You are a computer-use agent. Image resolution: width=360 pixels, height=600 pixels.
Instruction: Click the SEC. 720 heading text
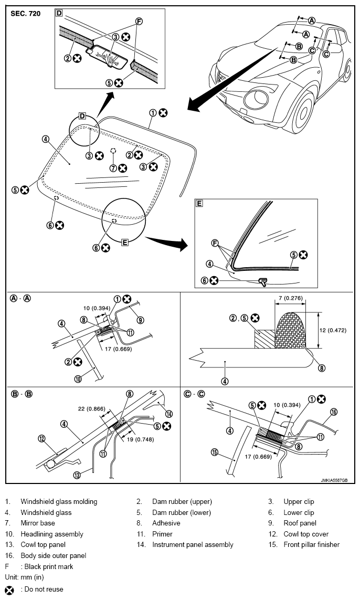(x=25, y=14)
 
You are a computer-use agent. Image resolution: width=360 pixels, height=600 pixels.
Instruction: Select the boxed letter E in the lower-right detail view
(x=199, y=203)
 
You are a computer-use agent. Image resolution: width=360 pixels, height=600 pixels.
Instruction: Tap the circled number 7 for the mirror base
(x=112, y=168)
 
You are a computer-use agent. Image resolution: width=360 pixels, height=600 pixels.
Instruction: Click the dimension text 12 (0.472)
(x=333, y=330)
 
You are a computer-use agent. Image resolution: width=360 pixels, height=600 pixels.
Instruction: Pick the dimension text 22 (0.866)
(x=91, y=409)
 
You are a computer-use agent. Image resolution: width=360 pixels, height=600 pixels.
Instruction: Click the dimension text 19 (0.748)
(x=141, y=439)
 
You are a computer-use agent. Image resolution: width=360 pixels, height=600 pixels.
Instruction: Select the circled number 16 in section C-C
(x=333, y=412)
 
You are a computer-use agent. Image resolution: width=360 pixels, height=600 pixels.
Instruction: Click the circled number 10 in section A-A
(x=78, y=379)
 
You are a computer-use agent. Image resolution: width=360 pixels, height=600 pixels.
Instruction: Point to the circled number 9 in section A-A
(x=141, y=320)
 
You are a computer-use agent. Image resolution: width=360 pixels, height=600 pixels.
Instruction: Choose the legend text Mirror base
(x=37, y=523)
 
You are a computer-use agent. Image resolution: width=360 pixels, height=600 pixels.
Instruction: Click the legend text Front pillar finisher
(x=311, y=544)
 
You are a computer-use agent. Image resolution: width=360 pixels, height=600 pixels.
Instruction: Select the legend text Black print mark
(x=49, y=566)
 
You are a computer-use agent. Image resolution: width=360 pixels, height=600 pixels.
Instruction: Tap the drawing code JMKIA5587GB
(x=334, y=480)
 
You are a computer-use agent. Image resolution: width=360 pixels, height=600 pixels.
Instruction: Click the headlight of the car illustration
(x=257, y=98)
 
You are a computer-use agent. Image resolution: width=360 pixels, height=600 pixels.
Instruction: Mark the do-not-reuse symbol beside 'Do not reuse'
(x=9, y=590)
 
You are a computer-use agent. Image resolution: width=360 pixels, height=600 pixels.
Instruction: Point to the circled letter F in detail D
(x=139, y=22)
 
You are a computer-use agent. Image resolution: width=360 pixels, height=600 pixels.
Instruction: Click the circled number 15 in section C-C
(x=215, y=452)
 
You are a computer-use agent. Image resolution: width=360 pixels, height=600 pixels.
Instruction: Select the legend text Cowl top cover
(x=306, y=534)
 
